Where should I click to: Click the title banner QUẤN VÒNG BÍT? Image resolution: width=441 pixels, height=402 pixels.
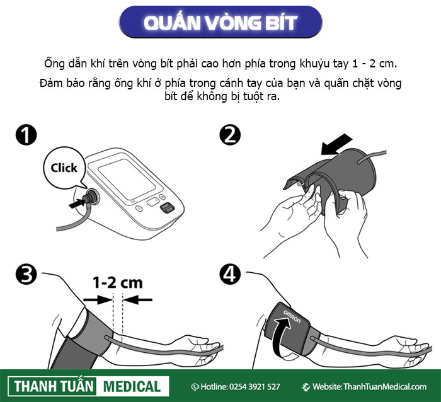(x=220, y=22)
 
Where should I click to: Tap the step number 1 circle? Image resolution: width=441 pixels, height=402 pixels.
(x=26, y=135)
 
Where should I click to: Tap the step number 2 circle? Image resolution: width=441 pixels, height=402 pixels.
(x=230, y=135)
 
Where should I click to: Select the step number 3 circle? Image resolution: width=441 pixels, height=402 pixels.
(x=26, y=274)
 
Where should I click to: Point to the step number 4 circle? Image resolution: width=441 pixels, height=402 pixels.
(x=230, y=274)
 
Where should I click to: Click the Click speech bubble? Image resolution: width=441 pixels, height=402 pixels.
(x=64, y=168)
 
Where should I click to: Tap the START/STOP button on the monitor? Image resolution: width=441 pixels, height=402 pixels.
(x=167, y=208)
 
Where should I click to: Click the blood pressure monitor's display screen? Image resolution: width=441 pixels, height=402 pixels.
(x=127, y=179)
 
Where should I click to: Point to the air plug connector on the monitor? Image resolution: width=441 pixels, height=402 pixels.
(x=92, y=196)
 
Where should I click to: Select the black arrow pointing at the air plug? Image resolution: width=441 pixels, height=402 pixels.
(x=76, y=203)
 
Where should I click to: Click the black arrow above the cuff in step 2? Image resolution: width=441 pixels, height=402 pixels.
(x=336, y=144)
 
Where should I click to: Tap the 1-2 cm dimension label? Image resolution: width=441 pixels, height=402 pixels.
(x=118, y=282)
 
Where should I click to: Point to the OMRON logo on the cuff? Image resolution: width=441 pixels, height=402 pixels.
(x=292, y=317)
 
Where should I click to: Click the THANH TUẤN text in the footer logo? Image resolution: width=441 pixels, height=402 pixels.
(x=53, y=386)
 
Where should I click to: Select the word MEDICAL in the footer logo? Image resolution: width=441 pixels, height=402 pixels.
(x=132, y=387)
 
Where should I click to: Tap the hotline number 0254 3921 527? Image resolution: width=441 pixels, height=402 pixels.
(x=255, y=387)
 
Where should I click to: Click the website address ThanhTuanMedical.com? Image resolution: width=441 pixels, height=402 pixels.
(x=385, y=387)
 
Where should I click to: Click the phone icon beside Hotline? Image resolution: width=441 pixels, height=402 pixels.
(x=195, y=387)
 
